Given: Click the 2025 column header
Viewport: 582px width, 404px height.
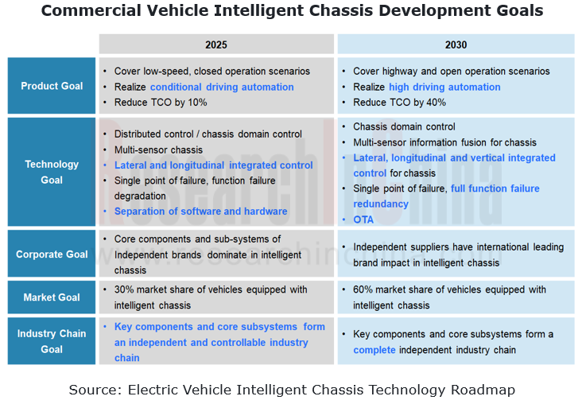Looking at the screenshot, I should (215, 45).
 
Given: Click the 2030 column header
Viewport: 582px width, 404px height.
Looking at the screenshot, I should (456, 45).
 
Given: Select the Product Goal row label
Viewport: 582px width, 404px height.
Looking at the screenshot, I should (52, 86).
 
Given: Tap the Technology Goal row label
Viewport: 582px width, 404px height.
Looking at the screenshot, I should (52, 172).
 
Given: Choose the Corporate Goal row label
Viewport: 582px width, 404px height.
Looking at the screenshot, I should (52, 254).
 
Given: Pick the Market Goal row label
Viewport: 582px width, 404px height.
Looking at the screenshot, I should (52, 297).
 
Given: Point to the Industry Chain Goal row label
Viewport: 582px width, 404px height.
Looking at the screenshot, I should (52, 341).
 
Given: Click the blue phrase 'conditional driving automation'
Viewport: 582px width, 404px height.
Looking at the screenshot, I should (222, 87).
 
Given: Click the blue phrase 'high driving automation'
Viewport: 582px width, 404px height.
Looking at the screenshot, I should (444, 87).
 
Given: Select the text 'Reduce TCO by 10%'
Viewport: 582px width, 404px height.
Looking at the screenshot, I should (160, 102).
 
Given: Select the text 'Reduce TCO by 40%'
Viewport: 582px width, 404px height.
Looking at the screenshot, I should (399, 102).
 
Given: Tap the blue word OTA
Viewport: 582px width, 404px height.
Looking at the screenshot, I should (363, 219).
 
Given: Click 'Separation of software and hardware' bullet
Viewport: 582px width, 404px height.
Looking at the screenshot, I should (200, 212).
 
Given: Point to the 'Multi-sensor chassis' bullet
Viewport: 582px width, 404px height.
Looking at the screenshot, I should (158, 150).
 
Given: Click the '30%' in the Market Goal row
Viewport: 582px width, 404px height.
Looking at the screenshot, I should (125, 289).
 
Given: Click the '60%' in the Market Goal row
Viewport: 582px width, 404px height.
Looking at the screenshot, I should (364, 289).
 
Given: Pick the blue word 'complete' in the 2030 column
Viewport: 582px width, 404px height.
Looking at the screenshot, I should (374, 350).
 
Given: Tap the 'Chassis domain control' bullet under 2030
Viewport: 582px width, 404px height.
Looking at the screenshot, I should (404, 126).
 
